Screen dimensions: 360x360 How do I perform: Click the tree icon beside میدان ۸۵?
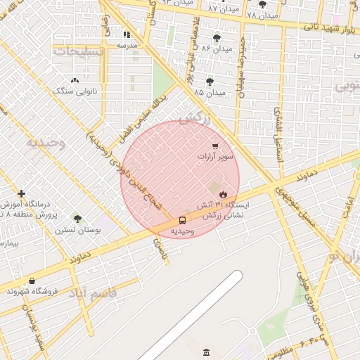[210, 82]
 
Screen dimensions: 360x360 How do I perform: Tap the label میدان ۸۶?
[217, 49]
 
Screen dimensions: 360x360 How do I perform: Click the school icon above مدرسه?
[127, 34]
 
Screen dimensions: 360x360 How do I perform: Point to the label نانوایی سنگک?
[75, 91]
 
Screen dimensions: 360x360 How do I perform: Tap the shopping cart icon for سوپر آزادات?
[214, 146]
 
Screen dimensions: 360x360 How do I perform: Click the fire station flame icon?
[224, 193]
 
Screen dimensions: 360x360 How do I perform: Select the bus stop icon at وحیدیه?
[182, 220]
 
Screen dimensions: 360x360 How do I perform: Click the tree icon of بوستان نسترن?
[77, 219]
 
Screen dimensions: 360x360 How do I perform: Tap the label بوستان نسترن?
[77, 230]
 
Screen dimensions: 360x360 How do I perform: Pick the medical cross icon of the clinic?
[22, 193]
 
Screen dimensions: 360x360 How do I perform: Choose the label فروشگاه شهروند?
[34, 291]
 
